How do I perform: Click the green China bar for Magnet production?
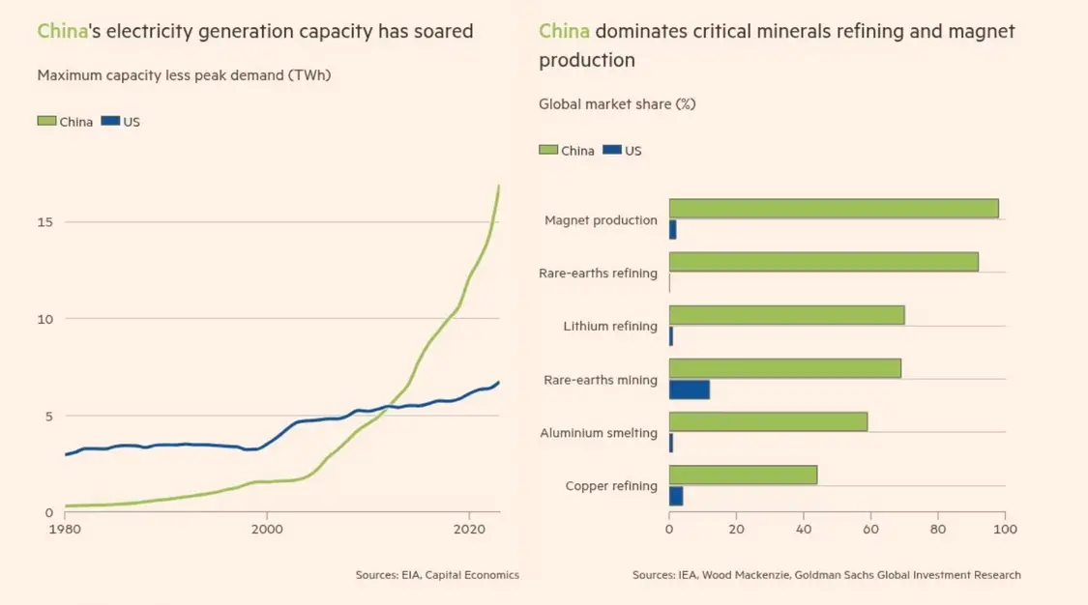833,209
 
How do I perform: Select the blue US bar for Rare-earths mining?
690,389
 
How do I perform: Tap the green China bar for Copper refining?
743,475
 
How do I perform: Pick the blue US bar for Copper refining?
676,496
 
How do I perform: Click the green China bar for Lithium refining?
786,315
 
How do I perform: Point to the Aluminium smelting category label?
599,433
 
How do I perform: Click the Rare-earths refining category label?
598,274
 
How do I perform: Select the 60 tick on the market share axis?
870,529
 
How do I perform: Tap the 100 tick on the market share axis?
1005,529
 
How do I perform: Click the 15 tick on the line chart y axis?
45,222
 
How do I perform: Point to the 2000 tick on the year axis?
266,529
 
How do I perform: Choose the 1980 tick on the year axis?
65,529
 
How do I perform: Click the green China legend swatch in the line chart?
46,122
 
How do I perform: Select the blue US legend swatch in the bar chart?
611,151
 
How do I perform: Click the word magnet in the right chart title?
983,31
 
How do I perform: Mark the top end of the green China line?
499,186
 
